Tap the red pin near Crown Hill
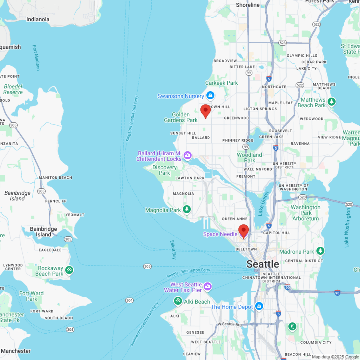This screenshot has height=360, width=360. (x=205, y=111)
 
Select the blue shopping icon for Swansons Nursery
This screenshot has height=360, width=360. (x=210, y=96)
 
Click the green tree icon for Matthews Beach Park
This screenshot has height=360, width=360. (x=331, y=102)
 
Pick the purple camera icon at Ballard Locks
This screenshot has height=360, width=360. (x=187, y=155)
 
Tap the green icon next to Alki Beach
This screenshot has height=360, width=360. (x=178, y=300)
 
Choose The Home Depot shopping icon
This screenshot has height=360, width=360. (x=259, y=306)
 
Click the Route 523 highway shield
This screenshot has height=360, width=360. (x=282, y=42)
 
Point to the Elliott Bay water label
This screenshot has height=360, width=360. (x=173, y=250)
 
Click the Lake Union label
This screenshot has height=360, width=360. (x=264, y=203)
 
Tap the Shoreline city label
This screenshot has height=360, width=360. (x=248, y=5)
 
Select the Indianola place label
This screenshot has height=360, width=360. (x=38, y=19)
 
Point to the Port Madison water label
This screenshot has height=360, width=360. (x=36, y=58)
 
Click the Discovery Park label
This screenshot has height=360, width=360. (x=164, y=170)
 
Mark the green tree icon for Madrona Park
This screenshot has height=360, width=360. (x=320, y=251)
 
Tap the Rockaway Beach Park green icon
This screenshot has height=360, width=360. (x=69, y=270)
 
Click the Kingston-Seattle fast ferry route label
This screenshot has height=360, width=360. (x=132, y=118)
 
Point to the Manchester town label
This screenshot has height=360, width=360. (x=16, y=351)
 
